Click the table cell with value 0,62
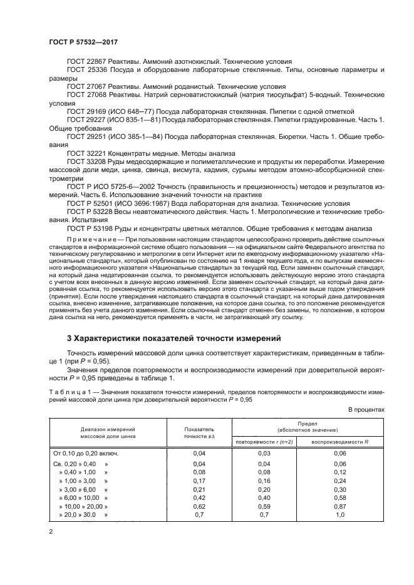click(x=199, y=505)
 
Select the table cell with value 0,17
click(x=199, y=481)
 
